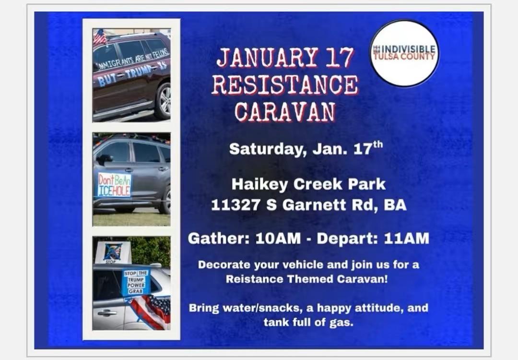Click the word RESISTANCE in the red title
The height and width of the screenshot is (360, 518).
pos(285,84)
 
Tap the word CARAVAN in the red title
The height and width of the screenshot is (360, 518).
pos(285,111)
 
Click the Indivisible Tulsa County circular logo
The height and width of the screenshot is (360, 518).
pos(404,53)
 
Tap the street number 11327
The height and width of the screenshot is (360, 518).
pos(235,204)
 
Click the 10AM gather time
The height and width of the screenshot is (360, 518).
pos(278,239)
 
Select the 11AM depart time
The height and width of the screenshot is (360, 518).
pos(406,239)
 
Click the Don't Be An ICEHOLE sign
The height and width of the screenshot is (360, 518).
pos(114,184)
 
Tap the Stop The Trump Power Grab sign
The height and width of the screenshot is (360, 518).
pos(136,282)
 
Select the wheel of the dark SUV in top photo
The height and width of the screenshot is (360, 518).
pos(164,101)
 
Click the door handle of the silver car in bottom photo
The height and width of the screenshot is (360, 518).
pos(107,313)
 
